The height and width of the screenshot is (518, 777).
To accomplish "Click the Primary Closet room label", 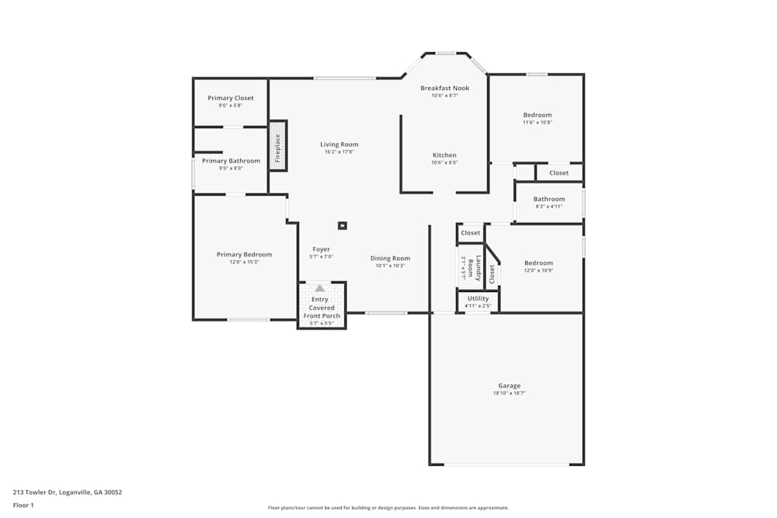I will (x=230, y=98).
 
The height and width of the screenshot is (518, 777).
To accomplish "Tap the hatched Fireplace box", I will (x=277, y=146).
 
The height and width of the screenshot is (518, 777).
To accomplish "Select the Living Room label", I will (x=340, y=144).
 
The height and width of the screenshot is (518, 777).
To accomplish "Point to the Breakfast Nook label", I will (x=444, y=89).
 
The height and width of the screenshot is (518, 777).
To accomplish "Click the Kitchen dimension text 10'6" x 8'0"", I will (x=444, y=162).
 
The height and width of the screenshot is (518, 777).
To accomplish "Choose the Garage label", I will (x=509, y=386).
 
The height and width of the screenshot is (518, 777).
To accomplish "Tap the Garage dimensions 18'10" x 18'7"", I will (x=509, y=394).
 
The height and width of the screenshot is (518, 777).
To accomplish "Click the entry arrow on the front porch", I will (x=319, y=287).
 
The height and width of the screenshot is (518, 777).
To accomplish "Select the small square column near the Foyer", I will (x=342, y=226).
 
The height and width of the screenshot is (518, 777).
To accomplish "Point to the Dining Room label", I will (x=390, y=259).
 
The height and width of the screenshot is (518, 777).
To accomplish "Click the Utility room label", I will (x=478, y=298).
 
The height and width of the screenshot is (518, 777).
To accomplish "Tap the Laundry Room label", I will (x=479, y=268).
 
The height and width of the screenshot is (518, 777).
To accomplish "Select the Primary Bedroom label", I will (x=244, y=255).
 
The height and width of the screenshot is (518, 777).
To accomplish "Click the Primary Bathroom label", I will (x=231, y=161).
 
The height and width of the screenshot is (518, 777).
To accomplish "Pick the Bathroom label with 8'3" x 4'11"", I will (x=549, y=200).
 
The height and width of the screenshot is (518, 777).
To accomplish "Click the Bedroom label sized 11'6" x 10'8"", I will (x=537, y=115).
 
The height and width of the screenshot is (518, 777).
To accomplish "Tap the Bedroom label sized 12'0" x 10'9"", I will (x=538, y=263).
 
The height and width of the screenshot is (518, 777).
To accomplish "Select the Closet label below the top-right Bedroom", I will (x=559, y=172).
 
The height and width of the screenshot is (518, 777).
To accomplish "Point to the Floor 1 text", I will (x=23, y=505).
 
